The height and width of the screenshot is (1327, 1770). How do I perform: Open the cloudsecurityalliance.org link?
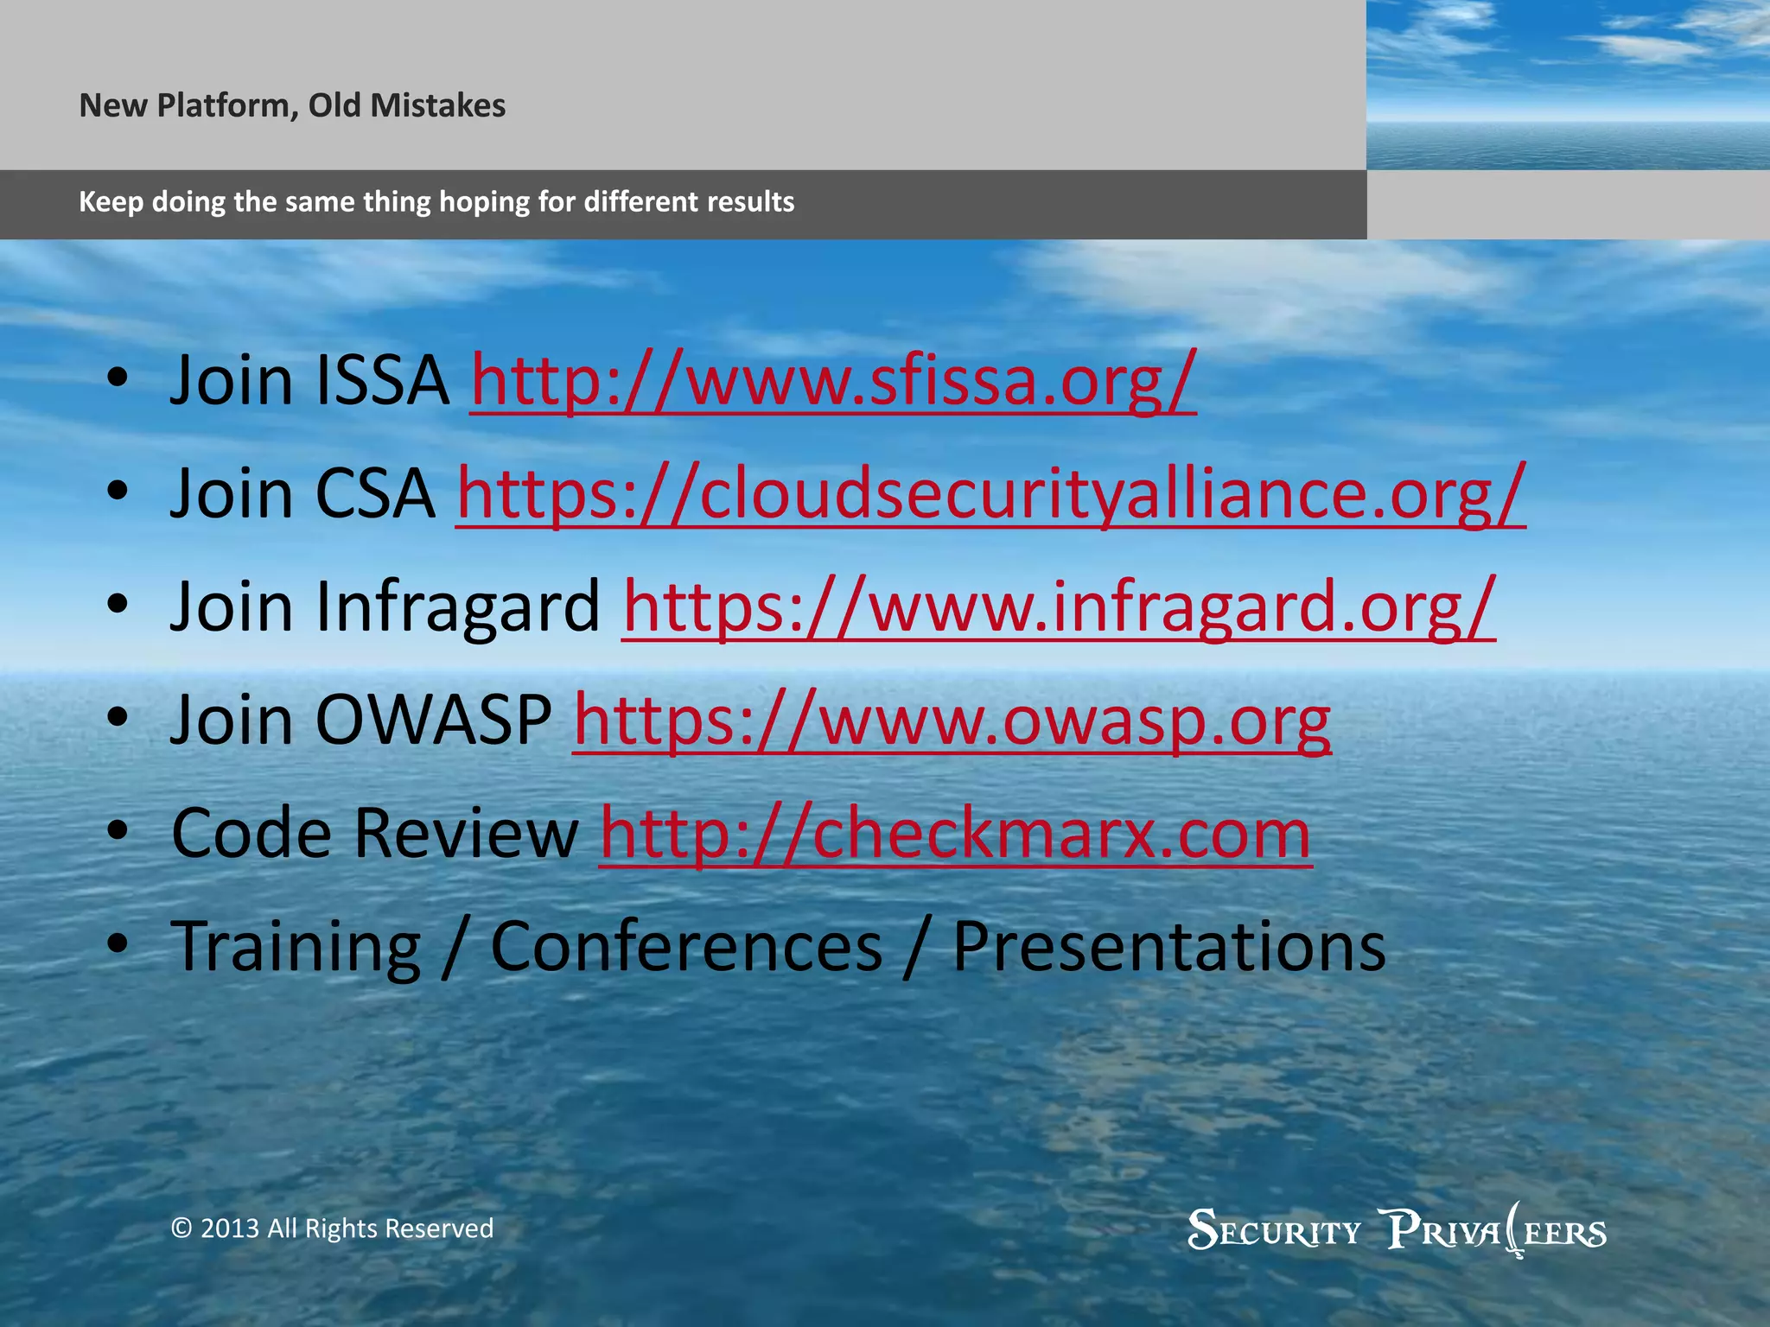990,494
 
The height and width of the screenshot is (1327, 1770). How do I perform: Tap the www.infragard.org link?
1058,607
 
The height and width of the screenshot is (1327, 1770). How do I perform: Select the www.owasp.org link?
952,721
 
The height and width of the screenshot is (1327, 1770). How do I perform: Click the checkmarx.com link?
955,834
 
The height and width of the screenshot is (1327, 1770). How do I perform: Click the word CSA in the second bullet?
375,494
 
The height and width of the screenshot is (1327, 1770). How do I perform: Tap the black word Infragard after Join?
457,607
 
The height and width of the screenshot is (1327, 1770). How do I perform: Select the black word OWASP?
433,721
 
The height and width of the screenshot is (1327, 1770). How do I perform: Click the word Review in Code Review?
466,834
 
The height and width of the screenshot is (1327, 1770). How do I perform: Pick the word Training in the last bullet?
296,948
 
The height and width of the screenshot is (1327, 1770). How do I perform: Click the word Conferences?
686,948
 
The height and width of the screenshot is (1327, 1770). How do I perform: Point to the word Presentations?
1168,948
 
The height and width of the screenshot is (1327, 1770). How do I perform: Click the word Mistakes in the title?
437,105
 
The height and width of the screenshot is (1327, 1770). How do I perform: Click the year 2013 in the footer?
230,1229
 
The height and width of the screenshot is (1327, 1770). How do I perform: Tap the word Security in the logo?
1274,1230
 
